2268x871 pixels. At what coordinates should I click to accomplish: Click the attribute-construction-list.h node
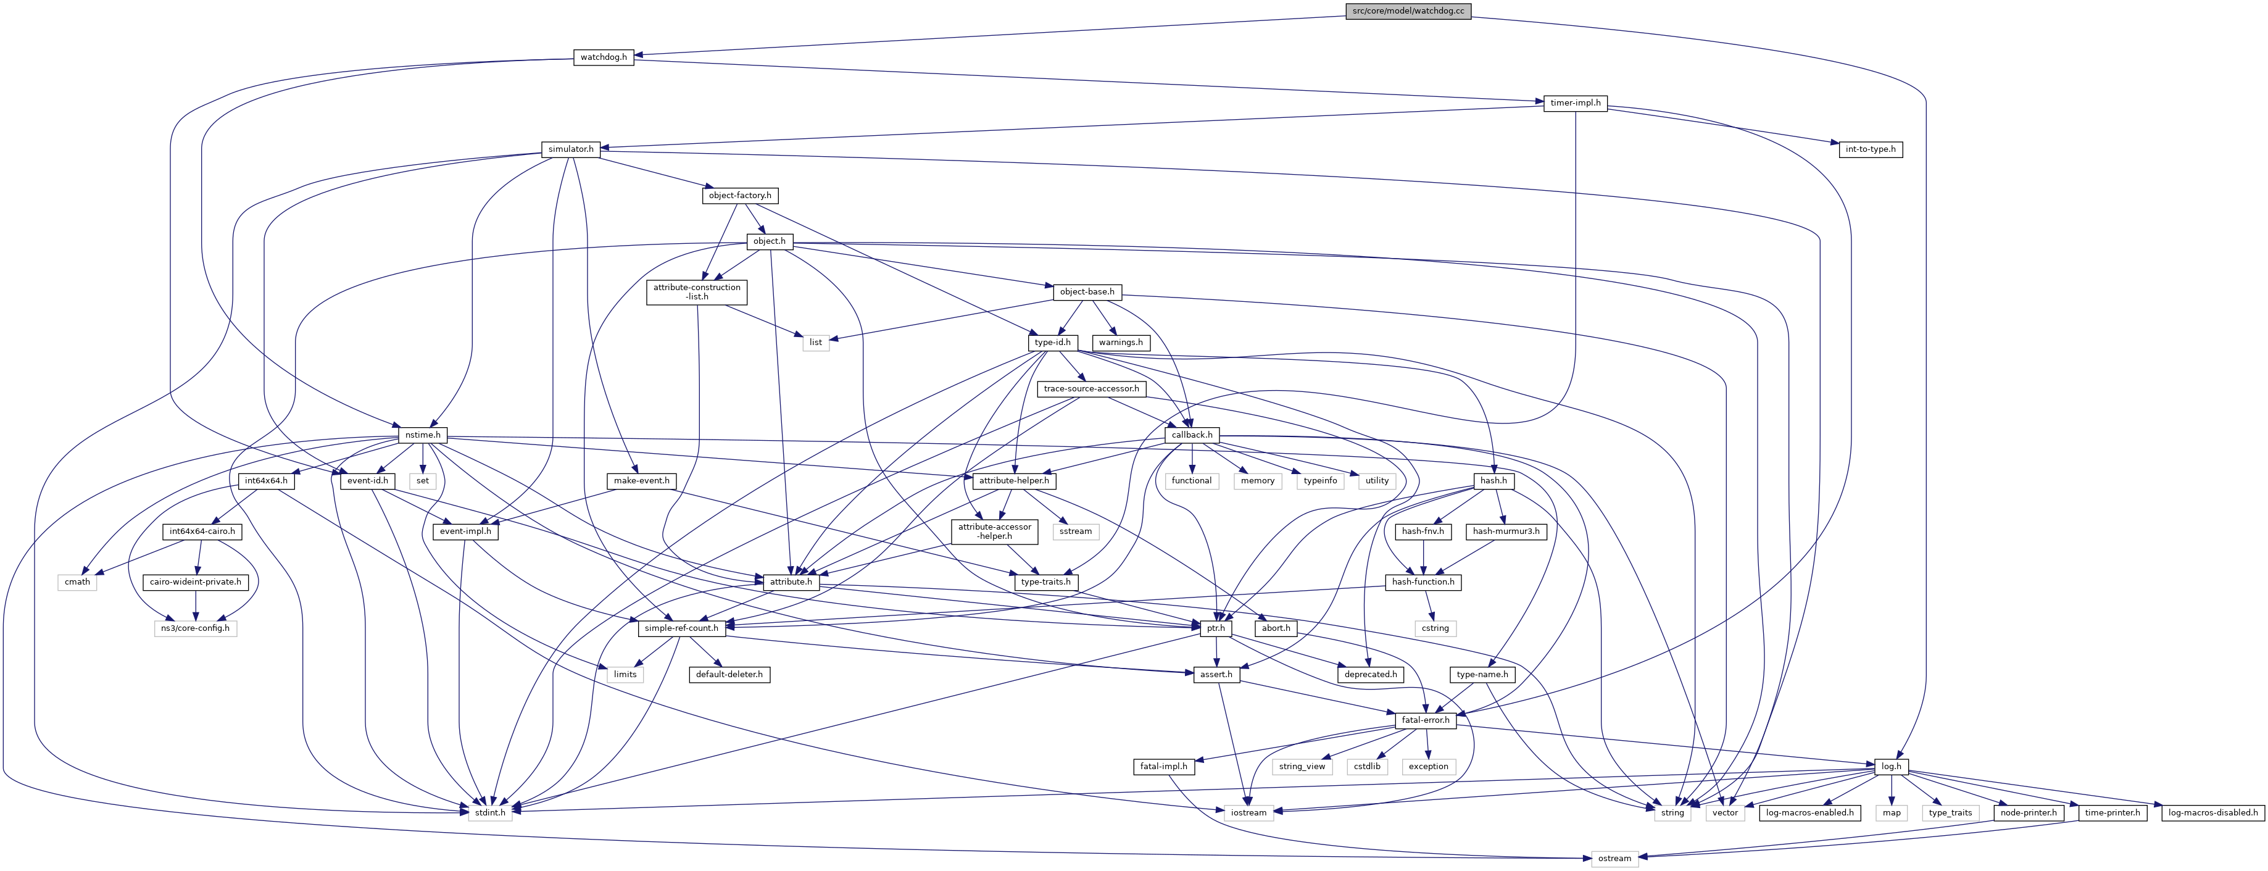(x=696, y=291)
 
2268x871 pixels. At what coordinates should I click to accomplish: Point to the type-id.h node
(x=1052, y=343)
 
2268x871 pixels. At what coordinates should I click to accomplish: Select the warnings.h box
(x=1121, y=343)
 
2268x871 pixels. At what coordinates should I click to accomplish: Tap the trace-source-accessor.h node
(x=1091, y=388)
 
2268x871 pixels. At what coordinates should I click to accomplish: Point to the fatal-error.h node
(x=1424, y=720)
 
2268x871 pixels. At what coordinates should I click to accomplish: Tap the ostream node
(x=1614, y=859)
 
